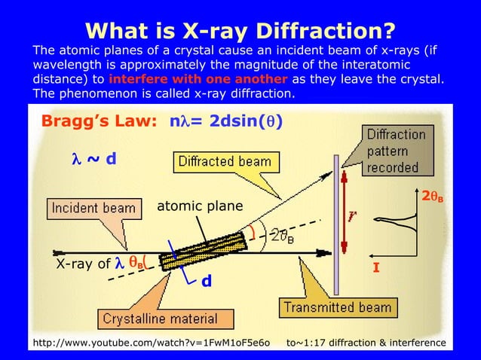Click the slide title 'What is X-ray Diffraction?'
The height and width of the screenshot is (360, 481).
pyautogui.click(x=240, y=31)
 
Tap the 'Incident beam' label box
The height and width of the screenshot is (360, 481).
pyautogui.click(x=92, y=207)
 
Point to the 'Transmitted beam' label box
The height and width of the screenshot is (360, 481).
pyautogui.click(x=337, y=307)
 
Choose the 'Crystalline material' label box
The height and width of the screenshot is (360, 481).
pyautogui.click(x=160, y=318)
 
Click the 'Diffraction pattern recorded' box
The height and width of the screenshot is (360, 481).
pyautogui.click(x=396, y=151)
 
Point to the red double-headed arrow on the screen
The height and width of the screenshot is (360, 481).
pyautogui.click(x=343, y=215)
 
